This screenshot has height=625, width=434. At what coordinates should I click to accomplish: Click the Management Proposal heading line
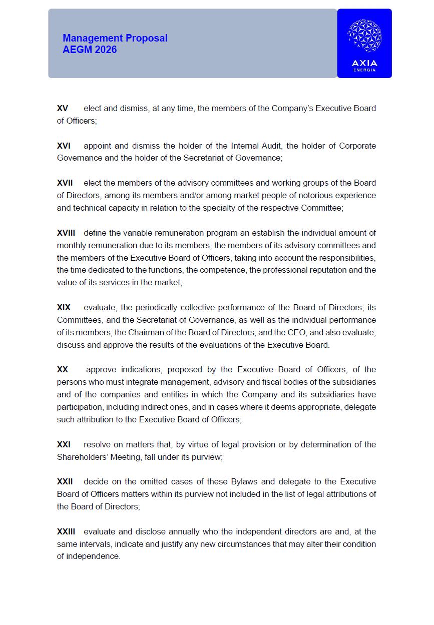[x=115, y=39]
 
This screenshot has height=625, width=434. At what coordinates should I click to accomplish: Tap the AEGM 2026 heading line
[x=90, y=50]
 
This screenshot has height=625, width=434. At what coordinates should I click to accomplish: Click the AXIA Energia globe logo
[x=364, y=36]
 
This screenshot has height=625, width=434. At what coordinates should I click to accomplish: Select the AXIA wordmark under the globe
[x=364, y=63]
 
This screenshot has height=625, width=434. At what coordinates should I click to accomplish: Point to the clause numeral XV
[x=63, y=109]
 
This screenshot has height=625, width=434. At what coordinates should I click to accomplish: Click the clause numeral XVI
[x=64, y=146]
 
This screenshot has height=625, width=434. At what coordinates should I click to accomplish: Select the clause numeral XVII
[x=65, y=183]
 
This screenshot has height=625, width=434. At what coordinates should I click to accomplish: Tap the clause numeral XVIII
[x=66, y=233]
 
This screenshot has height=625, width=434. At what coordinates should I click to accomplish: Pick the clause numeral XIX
[x=64, y=307]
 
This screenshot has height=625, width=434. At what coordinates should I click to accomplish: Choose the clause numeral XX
[x=63, y=370]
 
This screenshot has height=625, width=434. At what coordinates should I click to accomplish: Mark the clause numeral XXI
[x=64, y=444]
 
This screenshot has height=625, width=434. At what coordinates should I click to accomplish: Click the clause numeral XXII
[x=65, y=482]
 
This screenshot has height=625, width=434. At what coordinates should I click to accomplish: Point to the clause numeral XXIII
[x=66, y=531]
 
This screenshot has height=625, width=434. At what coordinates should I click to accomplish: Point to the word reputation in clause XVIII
[x=331, y=270]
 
